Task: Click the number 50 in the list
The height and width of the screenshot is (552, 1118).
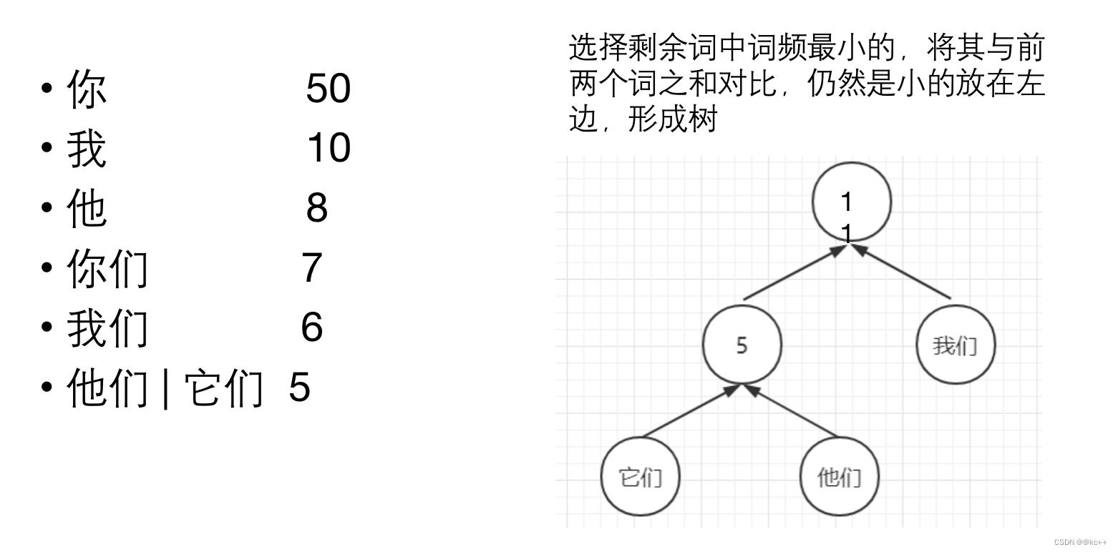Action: click(328, 89)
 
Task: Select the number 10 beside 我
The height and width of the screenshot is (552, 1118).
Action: click(328, 149)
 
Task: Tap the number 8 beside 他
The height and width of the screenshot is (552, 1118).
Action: click(316, 208)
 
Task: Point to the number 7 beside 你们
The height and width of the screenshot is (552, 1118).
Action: click(311, 268)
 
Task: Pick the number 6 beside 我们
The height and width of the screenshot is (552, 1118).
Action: click(311, 327)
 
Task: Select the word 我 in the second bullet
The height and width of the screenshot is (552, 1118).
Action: click(87, 150)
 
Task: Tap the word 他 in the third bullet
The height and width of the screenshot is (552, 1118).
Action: click(87, 210)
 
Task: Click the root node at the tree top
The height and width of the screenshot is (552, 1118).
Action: click(852, 202)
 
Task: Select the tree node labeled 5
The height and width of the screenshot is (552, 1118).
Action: click(742, 345)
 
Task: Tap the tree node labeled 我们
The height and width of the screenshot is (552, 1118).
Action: click(956, 345)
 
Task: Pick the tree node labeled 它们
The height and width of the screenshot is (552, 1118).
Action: click(640, 476)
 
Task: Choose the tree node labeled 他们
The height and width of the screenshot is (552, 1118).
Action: click(839, 476)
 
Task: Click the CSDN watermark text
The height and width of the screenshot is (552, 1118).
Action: click(1080, 543)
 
